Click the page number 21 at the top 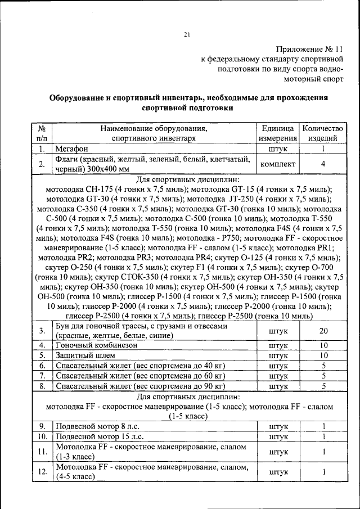tap(186, 35)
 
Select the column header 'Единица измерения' tap(277, 133)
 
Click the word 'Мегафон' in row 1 tap(71, 149)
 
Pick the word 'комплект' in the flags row tap(277, 164)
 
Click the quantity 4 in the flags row tap(323, 164)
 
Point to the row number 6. tap(42, 366)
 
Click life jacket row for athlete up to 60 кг tap(139, 376)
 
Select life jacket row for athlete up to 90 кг tap(139, 386)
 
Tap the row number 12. tap(42, 472)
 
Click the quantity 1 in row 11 tap(323, 452)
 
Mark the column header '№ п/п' tap(42, 133)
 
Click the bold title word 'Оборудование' tap(77, 97)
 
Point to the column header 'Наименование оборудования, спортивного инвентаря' tap(154, 133)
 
